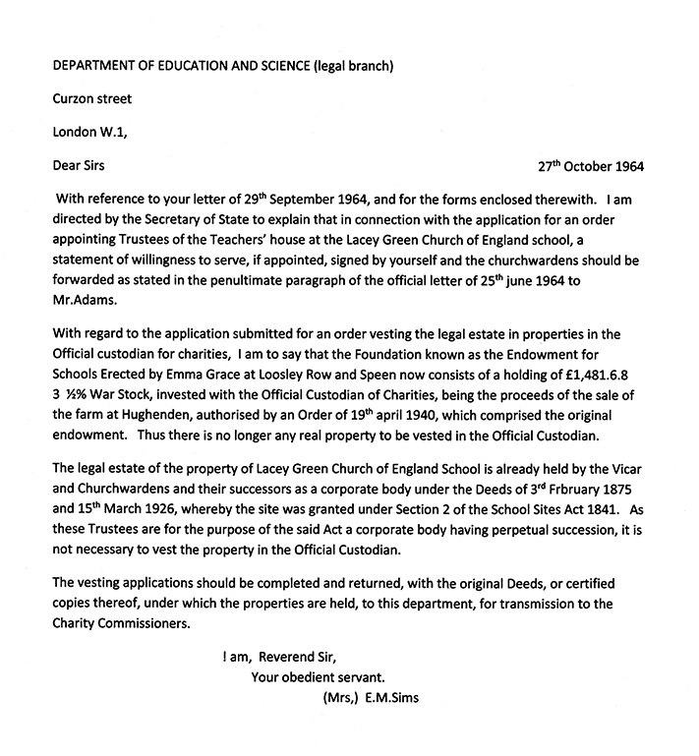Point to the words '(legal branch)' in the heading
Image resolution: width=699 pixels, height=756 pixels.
point(343,66)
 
